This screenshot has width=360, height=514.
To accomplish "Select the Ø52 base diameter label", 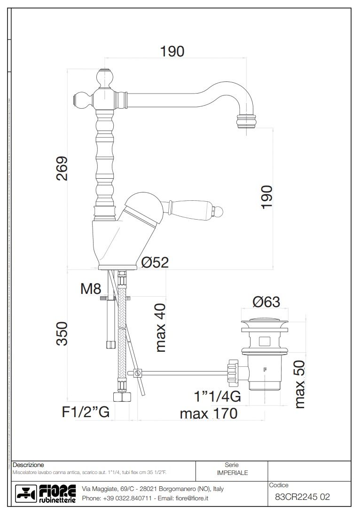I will pyautogui.click(x=155, y=262).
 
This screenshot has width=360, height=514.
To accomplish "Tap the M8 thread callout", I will pyautogui.click(x=91, y=289).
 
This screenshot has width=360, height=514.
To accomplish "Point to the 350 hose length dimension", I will pyautogui.click(x=62, y=333).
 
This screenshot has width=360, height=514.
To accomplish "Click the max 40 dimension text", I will pyautogui.click(x=160, y=328).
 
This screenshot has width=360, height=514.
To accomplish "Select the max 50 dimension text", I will pyautogui.click(x=299, y=384).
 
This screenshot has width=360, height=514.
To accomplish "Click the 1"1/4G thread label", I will pyautogui.click(x=218, y=396).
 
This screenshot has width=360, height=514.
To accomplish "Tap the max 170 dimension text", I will pyautogui.click(x=208, y=413).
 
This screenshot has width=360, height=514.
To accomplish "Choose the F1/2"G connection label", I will pyautogui.click(x=86, y=412).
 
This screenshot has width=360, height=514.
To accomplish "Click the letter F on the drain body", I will pyautogui.click(x=265, y=369).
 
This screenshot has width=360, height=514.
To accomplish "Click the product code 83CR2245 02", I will pyautogui.click(x=302, y=497).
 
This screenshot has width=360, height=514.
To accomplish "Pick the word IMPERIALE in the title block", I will pyautogui.click(x=232, y=473).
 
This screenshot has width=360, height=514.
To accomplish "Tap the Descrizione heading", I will pyautogui.click(x=28, y=465).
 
